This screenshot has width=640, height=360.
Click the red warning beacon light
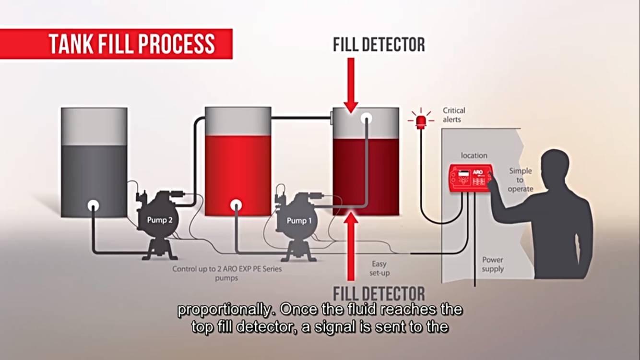[x=421, y=120]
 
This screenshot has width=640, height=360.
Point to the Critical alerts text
[x=454, y=115]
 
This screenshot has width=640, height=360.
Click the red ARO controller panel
[x=471, y=178]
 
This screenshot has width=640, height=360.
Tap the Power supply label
[x=493, y=264]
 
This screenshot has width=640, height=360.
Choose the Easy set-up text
[x=379, y=268]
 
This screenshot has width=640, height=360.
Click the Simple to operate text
[x=521, y=180]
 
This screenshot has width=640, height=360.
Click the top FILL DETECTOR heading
[x=379, y=45]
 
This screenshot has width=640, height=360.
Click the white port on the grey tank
[x=93, y=205]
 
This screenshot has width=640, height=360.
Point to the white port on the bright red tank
[x=236, y=205]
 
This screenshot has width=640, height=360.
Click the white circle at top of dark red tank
[x=367, y=118]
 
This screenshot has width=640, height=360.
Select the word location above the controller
[x=474, y=156]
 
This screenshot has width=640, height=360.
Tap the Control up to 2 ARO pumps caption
[x=227, y=273]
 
